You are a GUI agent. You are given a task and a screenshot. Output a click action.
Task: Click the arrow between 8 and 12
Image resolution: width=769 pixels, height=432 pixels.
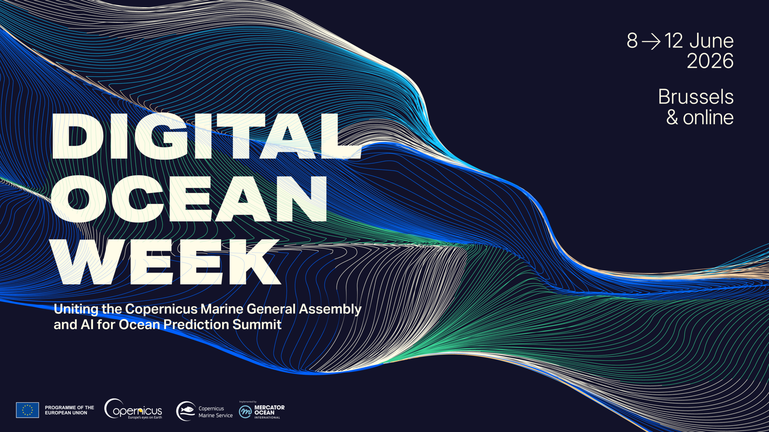pyautogui.click(x=651, y=41)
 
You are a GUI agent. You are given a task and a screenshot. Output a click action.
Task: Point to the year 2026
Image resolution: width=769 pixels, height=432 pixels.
pyautogui.click(x=710, y=61)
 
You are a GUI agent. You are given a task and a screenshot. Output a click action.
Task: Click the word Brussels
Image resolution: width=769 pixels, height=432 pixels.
pyautogui.click(x=696, y=97)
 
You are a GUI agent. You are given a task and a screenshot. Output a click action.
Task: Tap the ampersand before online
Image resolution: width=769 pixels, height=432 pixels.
pyautogui.click(x=672, y=117)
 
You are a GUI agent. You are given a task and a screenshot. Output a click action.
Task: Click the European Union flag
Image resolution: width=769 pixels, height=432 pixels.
pyautogui.click(x=27, y=410)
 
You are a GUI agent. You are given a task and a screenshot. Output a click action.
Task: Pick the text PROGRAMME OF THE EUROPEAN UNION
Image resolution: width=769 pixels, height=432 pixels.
pyautogui.click(x=69, y=410)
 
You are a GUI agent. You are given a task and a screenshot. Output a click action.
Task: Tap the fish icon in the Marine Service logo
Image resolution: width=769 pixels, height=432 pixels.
pyautogui.click(x=187, y=409)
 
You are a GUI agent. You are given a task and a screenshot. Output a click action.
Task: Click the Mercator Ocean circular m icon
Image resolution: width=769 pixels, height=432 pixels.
pyautogui.click(x=245, y=412)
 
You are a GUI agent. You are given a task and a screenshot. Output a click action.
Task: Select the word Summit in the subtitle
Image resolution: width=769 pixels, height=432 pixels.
pyautogui.click(x=257, y=325)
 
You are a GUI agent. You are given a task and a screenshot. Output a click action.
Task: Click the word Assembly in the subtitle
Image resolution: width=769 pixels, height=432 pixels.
pyautogui.click(x=330, y=309)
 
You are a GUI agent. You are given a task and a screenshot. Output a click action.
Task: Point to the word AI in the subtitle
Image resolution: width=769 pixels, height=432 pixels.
pyautogui.click(x=87, y=325)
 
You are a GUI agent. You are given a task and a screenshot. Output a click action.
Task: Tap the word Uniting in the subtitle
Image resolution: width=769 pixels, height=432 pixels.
pyautogui.click(x=76, y=309)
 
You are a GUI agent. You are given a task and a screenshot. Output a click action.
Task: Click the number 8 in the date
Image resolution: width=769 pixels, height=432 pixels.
pyautogui.click(x=632, y=41)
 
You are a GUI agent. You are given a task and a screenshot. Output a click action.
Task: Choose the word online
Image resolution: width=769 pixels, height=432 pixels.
pyautogui.click(x=708, y=117)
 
